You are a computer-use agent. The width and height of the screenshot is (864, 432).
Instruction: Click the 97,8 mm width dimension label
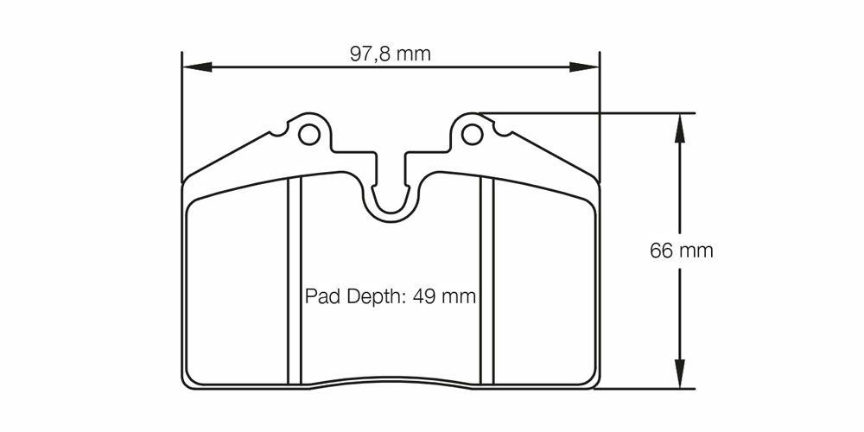391,54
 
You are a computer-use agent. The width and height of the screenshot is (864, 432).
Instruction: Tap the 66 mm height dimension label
681,251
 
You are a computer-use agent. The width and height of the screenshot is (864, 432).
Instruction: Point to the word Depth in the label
372,297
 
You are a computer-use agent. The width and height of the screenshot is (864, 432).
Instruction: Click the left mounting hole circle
308,134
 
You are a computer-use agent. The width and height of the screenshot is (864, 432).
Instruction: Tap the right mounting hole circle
473,134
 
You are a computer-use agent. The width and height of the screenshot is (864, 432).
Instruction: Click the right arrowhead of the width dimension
584,67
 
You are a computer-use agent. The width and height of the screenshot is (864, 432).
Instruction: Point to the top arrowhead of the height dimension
679,128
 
